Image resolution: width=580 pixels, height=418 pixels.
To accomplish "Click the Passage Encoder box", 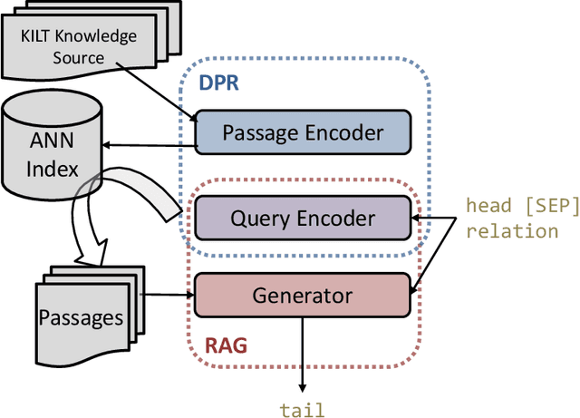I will pyautogui.click(x=303, y=133).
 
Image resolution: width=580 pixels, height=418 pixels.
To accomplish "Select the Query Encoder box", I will pyautogui.click(x=303, y=218).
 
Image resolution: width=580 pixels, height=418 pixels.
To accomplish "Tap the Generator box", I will pyautogui.click(x=303, y=295).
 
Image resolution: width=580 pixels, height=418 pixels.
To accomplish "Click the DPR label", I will pyautogui.click(x=217, y=83).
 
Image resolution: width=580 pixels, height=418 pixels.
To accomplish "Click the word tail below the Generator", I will pyautogui.click(x=303, y=410).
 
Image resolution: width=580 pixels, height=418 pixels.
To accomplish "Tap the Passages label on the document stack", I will pyautogui.click(x=80, y=317).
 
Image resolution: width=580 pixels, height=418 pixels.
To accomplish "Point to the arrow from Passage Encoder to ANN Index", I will pyautogui.click(x=150, y=142).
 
